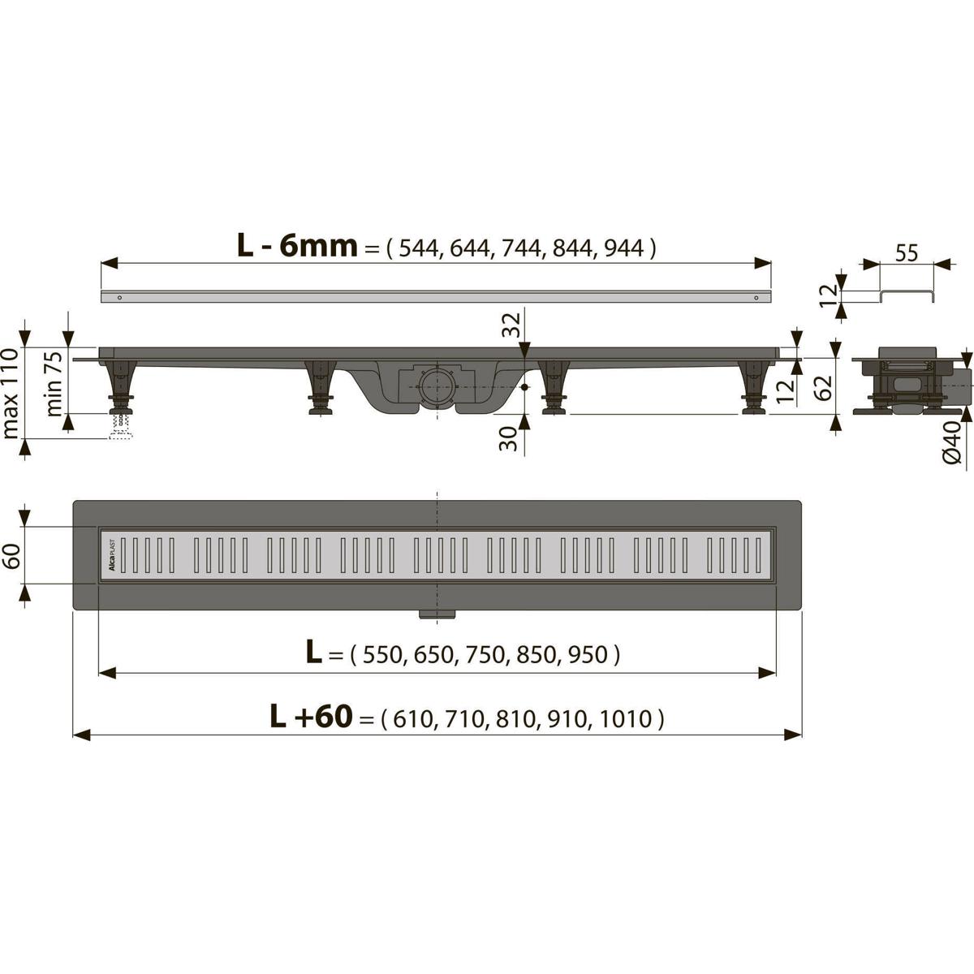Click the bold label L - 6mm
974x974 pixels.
[297, 245]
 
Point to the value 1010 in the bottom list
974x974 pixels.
[627, 718]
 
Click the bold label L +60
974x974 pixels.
[311, 716]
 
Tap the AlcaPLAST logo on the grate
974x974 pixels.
[112, 558]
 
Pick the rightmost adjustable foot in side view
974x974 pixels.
[755, 390]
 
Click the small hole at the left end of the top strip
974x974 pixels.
[120, 297]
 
